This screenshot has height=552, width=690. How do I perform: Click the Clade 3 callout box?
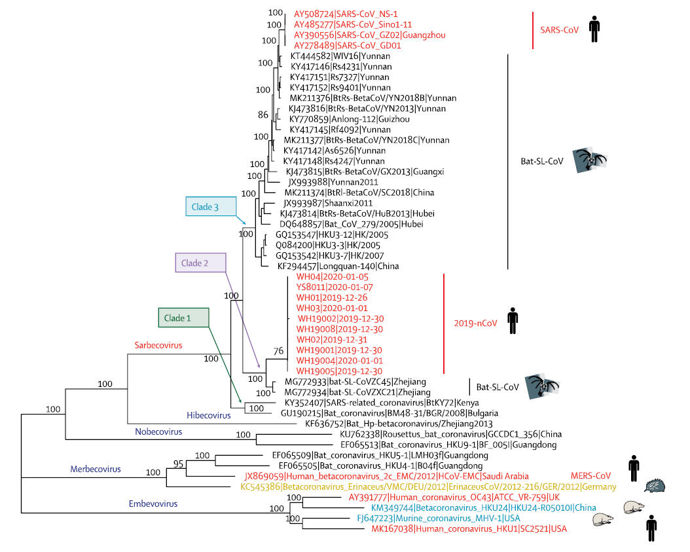210,207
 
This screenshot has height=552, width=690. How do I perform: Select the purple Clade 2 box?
200,263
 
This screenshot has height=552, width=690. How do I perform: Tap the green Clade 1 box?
183,318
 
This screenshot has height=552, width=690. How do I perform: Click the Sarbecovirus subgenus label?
158,344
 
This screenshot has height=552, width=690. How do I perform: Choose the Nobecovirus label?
159,432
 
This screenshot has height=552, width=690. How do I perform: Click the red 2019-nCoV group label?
475,323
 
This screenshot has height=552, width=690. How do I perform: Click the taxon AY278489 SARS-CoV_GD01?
348,46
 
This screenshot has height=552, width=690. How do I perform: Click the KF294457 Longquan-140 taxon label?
337,266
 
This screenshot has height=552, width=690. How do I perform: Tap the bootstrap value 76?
278,352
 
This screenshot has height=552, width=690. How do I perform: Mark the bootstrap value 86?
263,115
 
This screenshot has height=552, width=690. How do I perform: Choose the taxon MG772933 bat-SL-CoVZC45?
355,381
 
